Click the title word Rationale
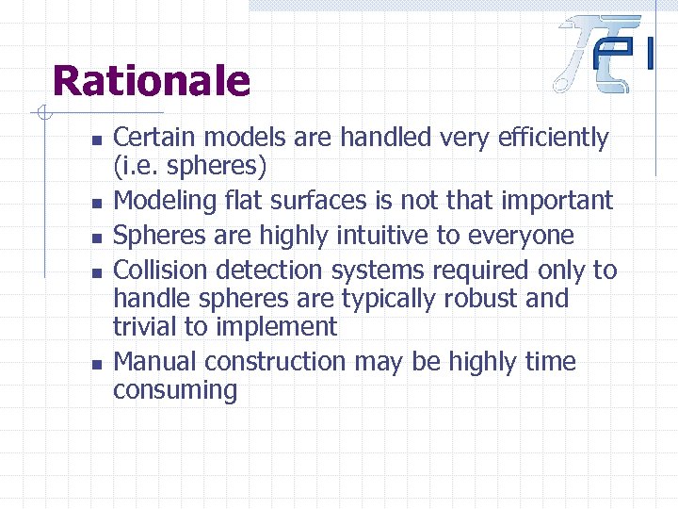(x=152, y=81)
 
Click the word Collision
(x=161, y=270)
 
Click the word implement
(x=274, y=328)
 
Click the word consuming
(x=175, y=390)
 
